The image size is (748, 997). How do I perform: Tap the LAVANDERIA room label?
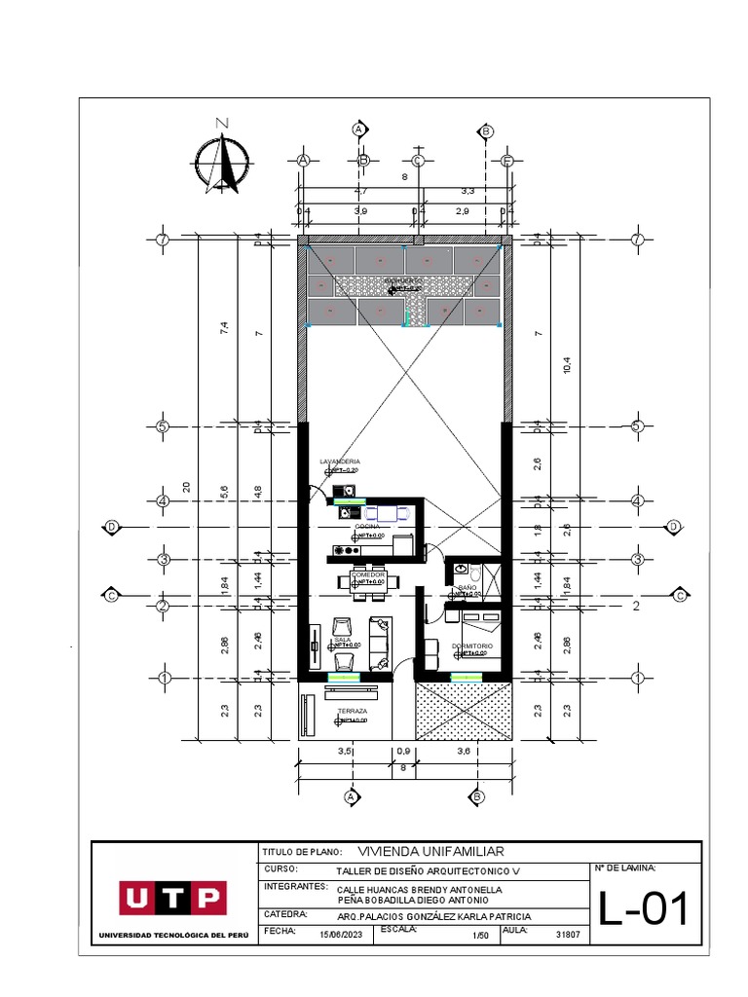point(340,461)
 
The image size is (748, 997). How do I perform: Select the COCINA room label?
point(366,527)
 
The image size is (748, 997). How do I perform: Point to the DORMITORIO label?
point(471,646)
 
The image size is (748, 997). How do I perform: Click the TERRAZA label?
point(352,712)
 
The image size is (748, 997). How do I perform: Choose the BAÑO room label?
point(467,588)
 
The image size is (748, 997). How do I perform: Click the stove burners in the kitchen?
point(344,550)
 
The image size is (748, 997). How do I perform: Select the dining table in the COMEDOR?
point(368,581)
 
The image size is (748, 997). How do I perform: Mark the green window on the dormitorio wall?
point(465,677)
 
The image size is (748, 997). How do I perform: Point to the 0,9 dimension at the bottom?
point(403,752)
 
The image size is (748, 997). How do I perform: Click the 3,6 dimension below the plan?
point(465,752)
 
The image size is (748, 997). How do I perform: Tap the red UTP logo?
point(173,898)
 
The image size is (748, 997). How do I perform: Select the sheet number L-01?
point(644,910)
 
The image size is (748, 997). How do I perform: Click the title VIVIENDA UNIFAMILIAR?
point(430,851)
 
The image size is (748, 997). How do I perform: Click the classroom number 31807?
point(568,935)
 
